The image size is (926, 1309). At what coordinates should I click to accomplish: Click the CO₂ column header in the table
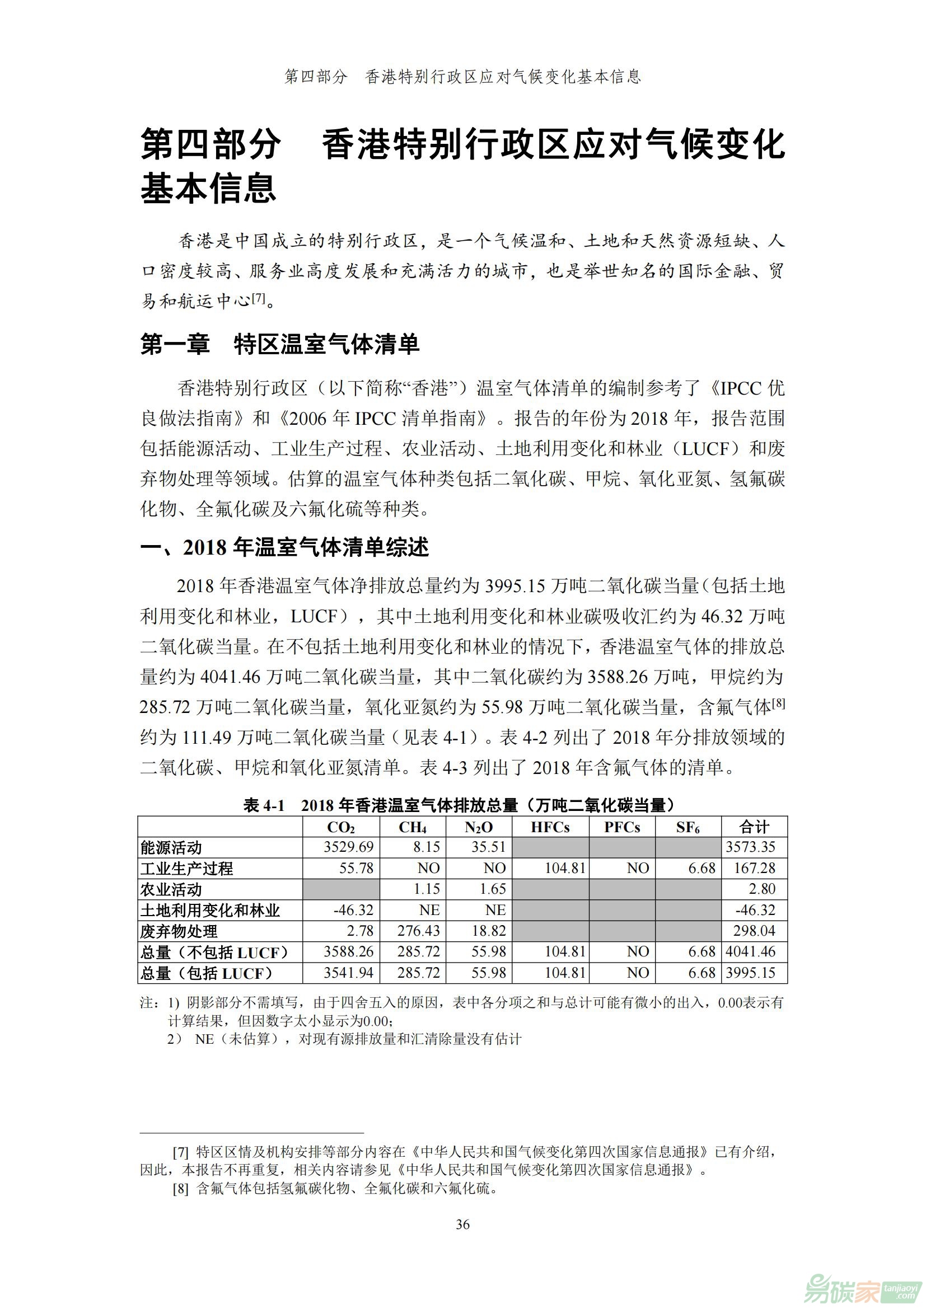coord(340,827)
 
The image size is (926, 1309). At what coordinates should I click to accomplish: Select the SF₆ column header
coord(688,827)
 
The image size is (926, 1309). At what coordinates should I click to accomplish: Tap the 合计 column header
coord(754,827)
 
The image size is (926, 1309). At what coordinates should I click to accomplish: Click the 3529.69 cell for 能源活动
coord(348,847)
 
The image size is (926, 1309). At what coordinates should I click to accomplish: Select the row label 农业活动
coord(171,889)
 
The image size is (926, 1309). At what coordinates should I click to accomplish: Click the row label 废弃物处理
coord(179,932)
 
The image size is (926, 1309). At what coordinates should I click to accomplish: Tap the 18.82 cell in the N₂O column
coord(489,931)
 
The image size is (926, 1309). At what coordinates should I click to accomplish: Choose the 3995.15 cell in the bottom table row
coord(750,973)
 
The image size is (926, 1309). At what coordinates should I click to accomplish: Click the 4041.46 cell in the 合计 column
coord(750,952)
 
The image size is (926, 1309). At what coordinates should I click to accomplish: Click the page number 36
coord(462,1224)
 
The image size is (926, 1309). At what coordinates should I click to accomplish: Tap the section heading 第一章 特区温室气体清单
coord(279,345)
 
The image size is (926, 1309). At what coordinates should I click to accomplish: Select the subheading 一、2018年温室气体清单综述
coord(284,548)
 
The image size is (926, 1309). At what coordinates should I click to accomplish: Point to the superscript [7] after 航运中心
coord(258,298)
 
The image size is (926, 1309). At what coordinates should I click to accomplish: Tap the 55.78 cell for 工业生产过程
coord(357,869)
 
